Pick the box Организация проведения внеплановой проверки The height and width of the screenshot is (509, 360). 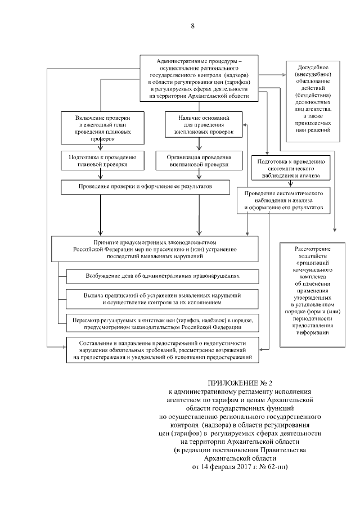click(x=199, y=161)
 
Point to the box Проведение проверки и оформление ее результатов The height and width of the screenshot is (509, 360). click(x=145, y=186)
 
